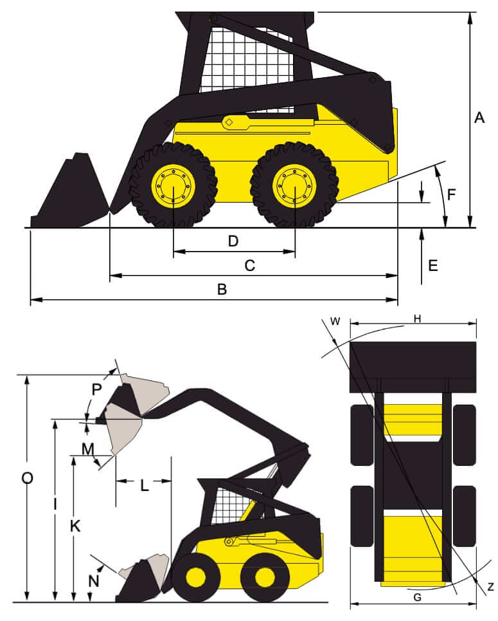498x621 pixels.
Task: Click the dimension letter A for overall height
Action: click(x=479, y=118)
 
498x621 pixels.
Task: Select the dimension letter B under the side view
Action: click(x=222, y=290)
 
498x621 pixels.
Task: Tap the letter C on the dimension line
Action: click(x=251, y=265)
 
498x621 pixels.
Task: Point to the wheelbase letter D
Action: click(x=233, y=241)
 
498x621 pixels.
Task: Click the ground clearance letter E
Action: click(x=433, y=265)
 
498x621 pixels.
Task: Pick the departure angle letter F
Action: click(x=452, y=194)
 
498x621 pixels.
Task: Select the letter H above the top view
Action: click(x=417, y=320)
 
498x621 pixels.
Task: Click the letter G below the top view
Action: click(x=417, y=597)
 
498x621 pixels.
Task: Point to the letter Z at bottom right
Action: click(x=490, y=586)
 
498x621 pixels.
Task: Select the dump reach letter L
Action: click(x=144, y=486)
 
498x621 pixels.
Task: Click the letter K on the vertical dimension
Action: click(x=75, y=526)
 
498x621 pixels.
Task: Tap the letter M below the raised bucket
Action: click(x=87, y=447)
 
